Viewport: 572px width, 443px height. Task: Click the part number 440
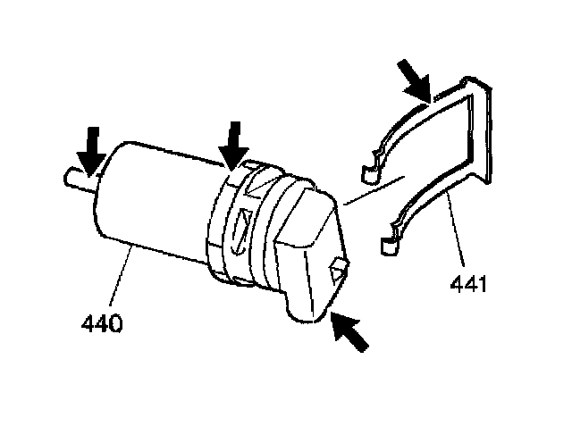101,322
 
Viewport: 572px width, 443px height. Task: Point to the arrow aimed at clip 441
417,81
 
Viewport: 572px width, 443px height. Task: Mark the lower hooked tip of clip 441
386,240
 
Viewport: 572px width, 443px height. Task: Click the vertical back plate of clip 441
480,134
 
